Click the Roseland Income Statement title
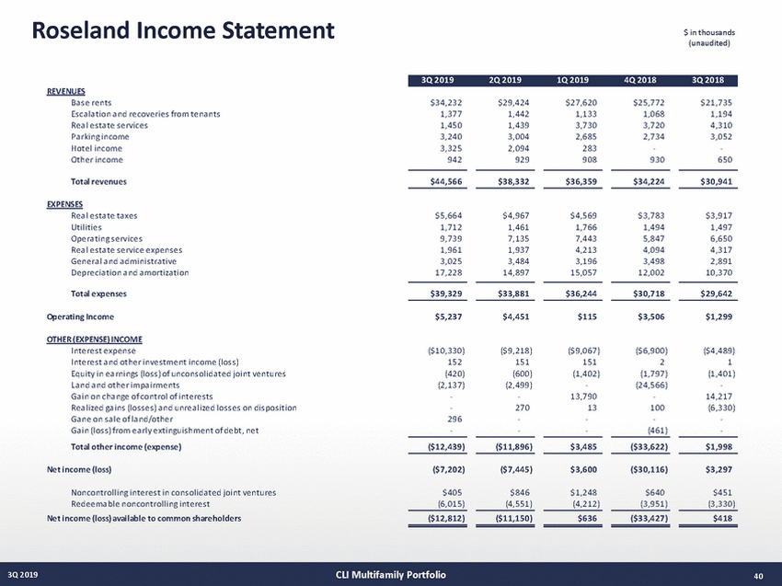(184, 31)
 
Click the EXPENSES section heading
(65, 203)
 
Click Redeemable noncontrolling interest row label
(141, 504)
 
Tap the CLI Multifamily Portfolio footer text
(391, 576)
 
